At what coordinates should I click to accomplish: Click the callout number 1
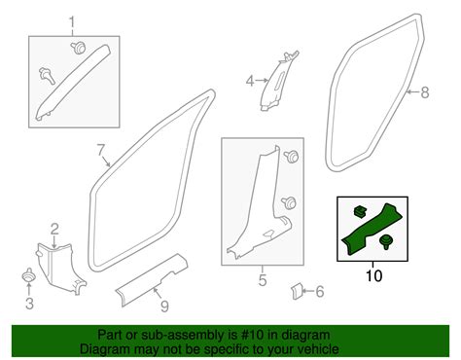71,21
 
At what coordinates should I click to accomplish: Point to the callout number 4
249,81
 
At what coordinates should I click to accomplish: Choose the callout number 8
424,92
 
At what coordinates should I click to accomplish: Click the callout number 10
374,276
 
